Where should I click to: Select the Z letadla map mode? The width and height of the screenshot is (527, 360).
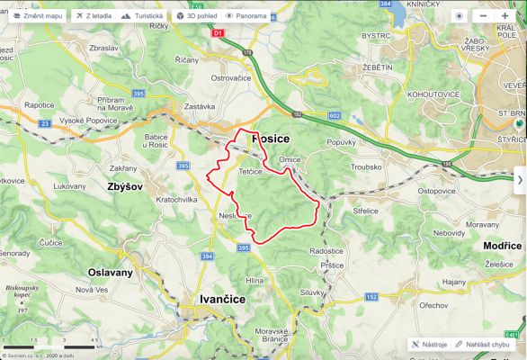[x=93, y=16]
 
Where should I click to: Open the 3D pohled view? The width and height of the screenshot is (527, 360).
[x=195, y=16]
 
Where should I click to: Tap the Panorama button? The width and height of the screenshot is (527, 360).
[x=246, y=16]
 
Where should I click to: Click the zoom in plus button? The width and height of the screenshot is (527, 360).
[x=505, y=16]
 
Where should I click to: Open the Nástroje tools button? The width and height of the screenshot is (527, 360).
[x=428, y=344]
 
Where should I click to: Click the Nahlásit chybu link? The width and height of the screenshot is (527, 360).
[x=483, y=344]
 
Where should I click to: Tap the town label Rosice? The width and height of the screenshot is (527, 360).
[x=270, y=139]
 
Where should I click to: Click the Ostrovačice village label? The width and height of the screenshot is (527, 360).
[x=236, y=78]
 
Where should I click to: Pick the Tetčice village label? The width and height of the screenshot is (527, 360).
[x=250, y=170]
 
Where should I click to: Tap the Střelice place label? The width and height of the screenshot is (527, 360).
[x=366, y=211]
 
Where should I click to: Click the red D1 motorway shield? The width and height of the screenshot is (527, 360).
[x=217, y=32]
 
